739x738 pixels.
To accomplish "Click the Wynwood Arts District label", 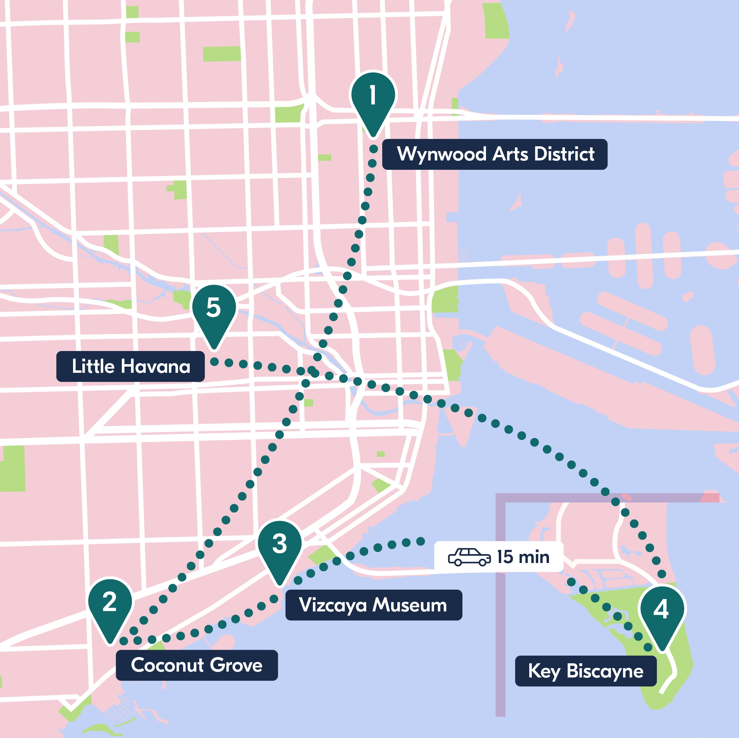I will click(x=495, y=154).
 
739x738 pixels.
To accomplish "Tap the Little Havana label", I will click(x=130, y=367).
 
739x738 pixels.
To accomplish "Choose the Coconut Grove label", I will click(x=197, y=665).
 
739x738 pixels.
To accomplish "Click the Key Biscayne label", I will click(x=586, y=672).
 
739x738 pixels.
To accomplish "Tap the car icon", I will click(x=469, y=557).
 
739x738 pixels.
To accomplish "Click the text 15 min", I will click(x=523, y=557).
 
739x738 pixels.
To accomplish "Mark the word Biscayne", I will click(x=605, y=672).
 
